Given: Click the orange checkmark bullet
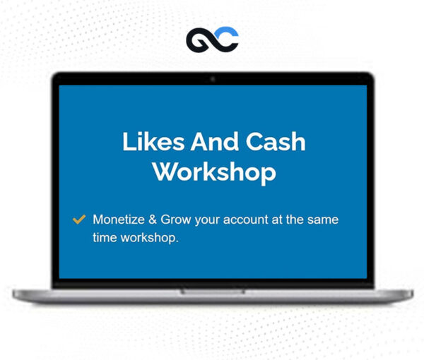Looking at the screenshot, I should point(79,220).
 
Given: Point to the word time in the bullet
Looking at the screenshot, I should point(105,238).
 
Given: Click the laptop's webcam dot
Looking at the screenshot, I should point(213,79).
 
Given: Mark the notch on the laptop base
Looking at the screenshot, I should point(213,291).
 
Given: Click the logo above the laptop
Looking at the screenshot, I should point(212,40).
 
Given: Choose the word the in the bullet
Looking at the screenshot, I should point(295,220).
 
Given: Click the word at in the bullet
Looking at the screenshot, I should point(278,220).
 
